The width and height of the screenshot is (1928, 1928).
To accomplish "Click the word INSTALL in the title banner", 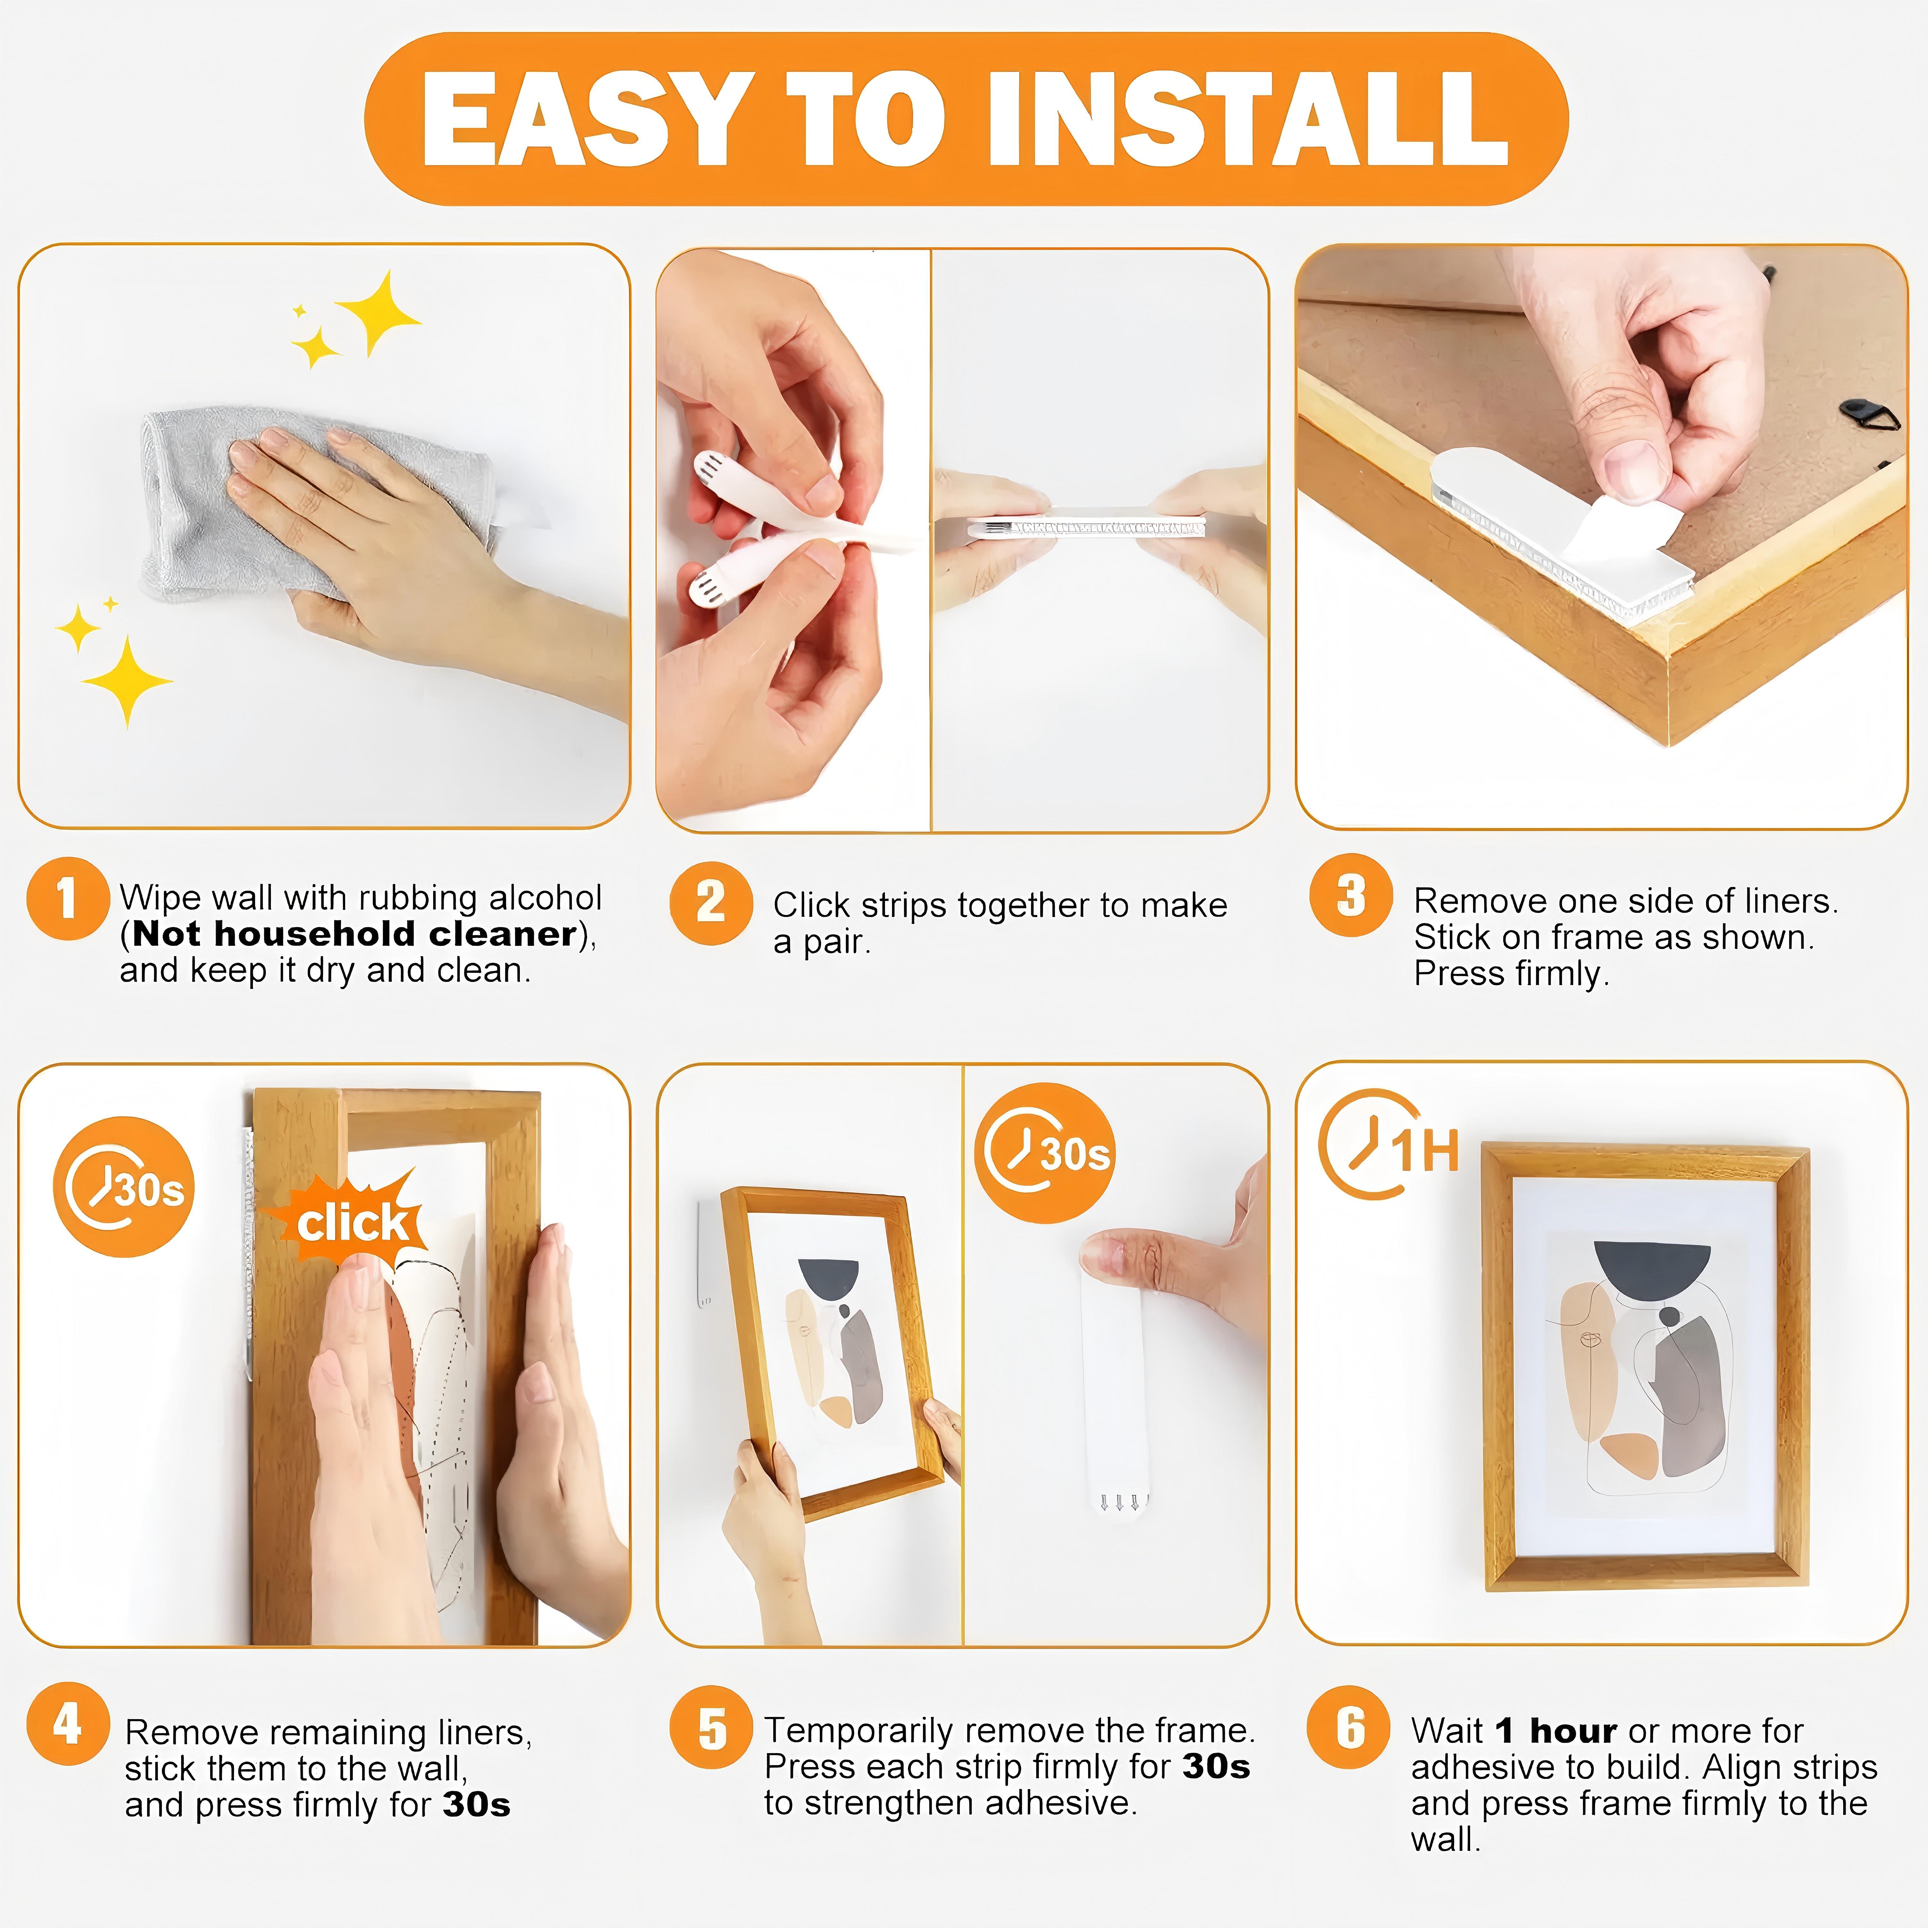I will pyautogui.click(x=1247, y=120).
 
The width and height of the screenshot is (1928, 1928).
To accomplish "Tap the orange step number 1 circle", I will pyautogui.click(x=67, y=898).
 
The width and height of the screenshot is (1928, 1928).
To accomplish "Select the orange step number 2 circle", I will pyautogui.click(x=710, y=903).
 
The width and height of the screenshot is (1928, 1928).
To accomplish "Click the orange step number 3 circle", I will pyautogui.click(x=1350, y=895).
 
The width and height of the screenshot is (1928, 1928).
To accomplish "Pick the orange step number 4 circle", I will pyautogui.click(x=67, y=1723).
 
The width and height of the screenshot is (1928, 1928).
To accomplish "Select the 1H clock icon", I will pyautogui.click(x=1387, y=1146).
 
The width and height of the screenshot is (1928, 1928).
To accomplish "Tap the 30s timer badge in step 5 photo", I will pyautogui.click(x=1045, y=1153).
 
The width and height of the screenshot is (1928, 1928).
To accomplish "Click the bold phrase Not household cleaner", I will pyautogui.click(x=354, y=934).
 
